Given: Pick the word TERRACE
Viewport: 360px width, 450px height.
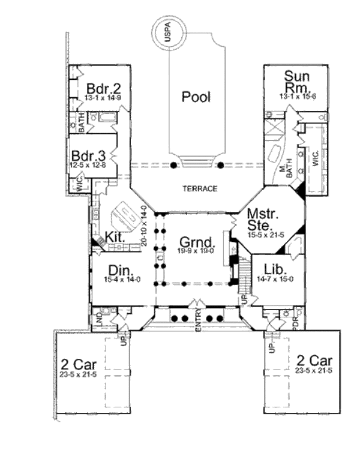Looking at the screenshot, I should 199,188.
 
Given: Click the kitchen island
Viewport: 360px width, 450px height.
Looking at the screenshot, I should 127,211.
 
